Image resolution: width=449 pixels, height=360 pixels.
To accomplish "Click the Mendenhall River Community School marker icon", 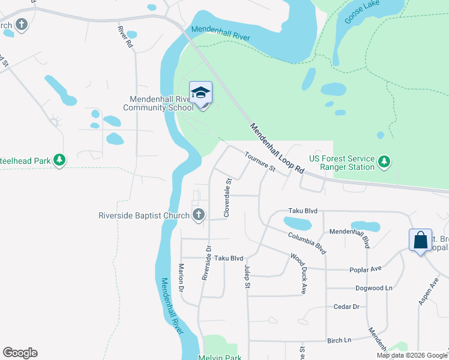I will [201, 93].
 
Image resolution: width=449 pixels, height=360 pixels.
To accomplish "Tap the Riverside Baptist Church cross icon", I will [199, 215].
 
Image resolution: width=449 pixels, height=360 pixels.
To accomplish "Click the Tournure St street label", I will [259, 163].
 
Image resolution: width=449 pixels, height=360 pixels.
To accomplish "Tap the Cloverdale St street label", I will [228, 197].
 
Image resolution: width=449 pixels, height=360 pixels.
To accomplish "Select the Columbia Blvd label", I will [306, 242].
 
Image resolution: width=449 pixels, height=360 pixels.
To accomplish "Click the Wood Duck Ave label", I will [298, 265].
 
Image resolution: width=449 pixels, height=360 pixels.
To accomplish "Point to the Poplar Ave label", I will [366, 269].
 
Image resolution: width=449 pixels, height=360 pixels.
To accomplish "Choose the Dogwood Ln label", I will [373, 288].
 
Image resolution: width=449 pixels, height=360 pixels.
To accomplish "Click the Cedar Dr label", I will [346, 307].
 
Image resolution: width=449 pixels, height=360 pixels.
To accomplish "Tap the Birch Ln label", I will [339, 340].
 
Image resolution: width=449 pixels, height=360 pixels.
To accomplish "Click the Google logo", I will [20, 353].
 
